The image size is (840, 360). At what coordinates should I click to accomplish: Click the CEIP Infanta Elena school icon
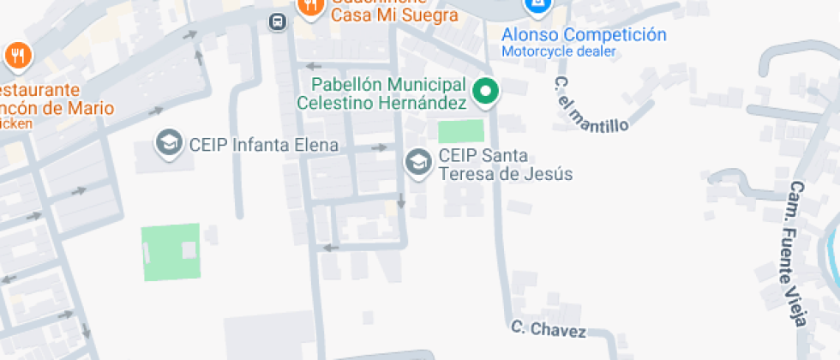tap(169, 144)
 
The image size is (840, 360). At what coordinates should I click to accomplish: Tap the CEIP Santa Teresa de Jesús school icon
tap(418, 161)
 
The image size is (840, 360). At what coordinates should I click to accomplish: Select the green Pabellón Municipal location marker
tap(486, 92)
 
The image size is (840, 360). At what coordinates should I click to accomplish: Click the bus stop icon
tap(277, 21)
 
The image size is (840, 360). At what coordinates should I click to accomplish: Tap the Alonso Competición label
tap(584, 35)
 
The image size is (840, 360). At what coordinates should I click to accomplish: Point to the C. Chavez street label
tap(549, 329)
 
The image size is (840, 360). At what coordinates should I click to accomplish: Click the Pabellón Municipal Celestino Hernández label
tap(383, 93)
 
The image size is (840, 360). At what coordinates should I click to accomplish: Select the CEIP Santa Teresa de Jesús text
tap(504, 165)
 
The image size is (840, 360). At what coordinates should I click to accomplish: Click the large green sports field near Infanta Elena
tap(171, 251)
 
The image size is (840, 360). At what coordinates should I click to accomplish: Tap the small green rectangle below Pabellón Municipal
tap(461, 132)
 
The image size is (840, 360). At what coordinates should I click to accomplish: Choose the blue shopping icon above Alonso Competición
tap(537, 7)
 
